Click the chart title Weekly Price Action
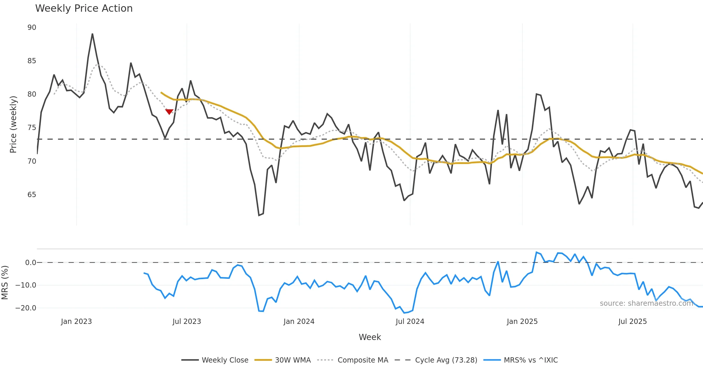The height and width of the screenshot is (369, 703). pyautogui.click(x=84, y=8)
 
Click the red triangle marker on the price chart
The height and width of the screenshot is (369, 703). pyautogui.click(x=169, y=112)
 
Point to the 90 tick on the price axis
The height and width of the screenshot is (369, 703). pyautogui.click(x=32, y=28)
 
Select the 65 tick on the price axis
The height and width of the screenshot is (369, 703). pyautogui.click(x=32, y=195)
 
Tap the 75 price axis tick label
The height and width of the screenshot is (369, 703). pyautogui.click(x=32, y=128)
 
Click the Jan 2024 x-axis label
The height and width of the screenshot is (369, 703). pyautogui.click(x=299, y=322)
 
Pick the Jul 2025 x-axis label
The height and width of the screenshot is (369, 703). pyautogui.click(x=632, y=322)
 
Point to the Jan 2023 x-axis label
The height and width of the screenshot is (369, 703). pyautogui.click(x=76, y=322)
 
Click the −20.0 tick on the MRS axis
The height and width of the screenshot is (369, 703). pyautogui.click(x=26, y=308)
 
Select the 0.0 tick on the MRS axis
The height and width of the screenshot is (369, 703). pyautogui.click(x=30, y=263)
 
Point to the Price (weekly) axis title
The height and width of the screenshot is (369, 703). pyautogui.click(x=13, y=124)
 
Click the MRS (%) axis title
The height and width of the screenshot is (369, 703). pyautogui.click(x=5, y=282)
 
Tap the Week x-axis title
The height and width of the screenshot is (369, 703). pyautogui.click(x=370, y=337)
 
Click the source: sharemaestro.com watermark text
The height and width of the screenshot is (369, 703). pyautogui.click(x=646, y=303)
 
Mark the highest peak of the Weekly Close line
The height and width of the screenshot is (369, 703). pyautogui.click(x=92, y=34)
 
